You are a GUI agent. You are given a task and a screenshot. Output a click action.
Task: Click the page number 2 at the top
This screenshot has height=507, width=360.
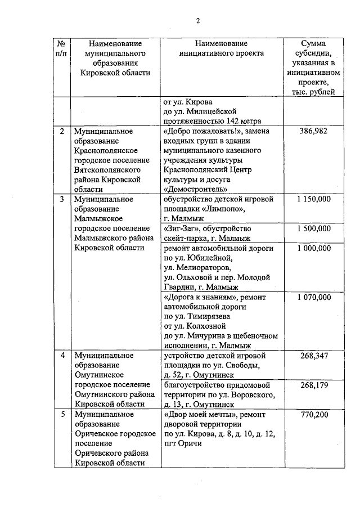click(197, 21)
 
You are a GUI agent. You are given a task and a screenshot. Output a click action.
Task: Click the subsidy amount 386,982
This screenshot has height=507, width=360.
click(313, 131)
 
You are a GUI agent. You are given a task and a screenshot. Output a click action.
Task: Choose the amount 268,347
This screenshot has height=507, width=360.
click(313, 356)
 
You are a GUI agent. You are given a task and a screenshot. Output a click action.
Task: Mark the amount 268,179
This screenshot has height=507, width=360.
click(313, 385)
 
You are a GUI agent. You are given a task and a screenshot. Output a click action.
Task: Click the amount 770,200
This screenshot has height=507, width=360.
click(313, 415)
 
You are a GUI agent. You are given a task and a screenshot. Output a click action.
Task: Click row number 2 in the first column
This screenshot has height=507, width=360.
click(62, 131)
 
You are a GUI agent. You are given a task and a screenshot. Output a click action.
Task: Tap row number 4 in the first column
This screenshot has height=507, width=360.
click(62, 356)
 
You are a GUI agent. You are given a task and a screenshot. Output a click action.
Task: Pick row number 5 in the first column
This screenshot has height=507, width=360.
click(62, 415)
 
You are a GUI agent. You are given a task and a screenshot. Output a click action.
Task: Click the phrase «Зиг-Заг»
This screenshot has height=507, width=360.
click(180, 228)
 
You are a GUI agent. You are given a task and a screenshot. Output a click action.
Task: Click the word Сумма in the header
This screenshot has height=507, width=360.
click(313, 43)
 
